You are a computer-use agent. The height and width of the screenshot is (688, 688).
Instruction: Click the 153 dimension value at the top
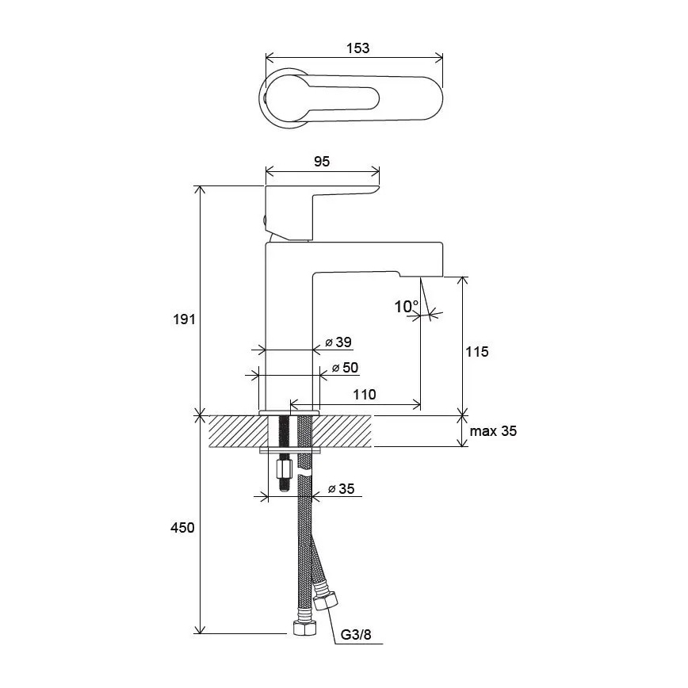click(358, 48)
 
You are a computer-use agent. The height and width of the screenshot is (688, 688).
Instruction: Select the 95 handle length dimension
click(322, 161)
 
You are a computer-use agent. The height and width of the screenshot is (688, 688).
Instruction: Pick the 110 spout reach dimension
click(365, 394)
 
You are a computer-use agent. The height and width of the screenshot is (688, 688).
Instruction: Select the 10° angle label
click(406, 306)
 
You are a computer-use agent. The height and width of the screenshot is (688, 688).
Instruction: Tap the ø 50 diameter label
click(345, 368)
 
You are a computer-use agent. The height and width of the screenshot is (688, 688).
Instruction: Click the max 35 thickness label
click(493, 431)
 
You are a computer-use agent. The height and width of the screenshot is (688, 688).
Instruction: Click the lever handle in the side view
click(317, 198)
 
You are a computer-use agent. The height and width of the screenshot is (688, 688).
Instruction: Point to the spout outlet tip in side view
click(420, 279)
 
